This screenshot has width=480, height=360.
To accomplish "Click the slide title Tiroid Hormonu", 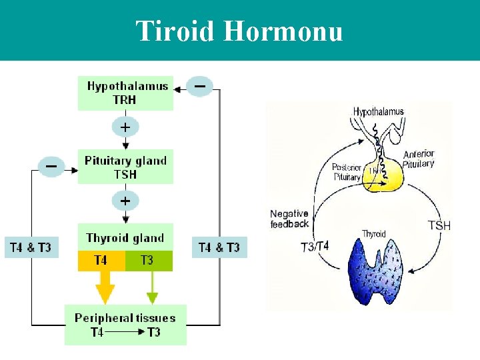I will (x=239, y=31).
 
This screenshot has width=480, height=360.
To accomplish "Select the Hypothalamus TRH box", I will (x=125, y=93).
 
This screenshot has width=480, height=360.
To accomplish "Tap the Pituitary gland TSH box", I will (x=125, y=167).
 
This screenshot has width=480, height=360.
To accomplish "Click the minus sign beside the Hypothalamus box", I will (x=199, y=86).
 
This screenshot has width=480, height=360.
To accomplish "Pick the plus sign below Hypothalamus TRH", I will (x=125, y=126).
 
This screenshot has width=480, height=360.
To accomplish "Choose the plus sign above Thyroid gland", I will (x=125, y=200).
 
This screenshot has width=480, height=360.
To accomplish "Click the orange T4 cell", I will (x=101, y=261).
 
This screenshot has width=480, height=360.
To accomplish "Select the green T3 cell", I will (x=148, y=261).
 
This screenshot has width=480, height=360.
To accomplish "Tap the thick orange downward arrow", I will (x=105, y=288).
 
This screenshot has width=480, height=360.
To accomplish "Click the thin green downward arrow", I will (x=152, y=288).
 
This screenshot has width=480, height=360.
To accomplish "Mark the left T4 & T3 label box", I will (x=31, y=247).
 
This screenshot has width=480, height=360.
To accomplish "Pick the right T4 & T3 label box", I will (x=219, y=247).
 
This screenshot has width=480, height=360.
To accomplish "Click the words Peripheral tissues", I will (x=125, y=318).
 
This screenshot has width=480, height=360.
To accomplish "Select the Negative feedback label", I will (x=289, y=219).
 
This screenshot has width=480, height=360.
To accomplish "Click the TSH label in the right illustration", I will (x=439, y=226).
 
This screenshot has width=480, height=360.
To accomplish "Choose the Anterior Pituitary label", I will (x=419, y=159).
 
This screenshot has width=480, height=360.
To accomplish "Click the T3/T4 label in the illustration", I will (x=315, y=247).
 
